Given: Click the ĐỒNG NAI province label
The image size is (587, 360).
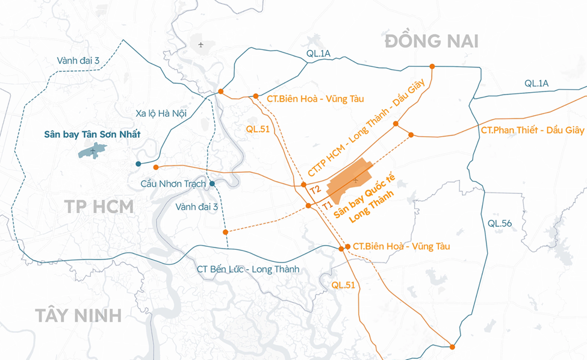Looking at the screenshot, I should (x=432, y=41).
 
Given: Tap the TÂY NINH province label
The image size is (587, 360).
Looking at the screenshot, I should (x=78, y=315).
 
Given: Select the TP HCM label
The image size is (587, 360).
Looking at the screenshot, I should (x=99, y=206).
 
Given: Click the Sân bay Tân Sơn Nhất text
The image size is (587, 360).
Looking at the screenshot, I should (x=92, y=134).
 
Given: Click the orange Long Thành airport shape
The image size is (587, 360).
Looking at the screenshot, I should (x=349, y=182).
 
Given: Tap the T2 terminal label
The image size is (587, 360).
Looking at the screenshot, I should (x=314, y=190).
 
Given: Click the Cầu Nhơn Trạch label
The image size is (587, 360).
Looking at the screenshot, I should (x=173, y=184).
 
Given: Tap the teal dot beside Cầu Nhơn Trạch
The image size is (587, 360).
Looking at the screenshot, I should (x=212, y=184).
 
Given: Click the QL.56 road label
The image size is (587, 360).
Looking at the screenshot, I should (x=500, y=223).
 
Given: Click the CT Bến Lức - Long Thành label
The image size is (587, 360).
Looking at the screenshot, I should (x=247, y=269).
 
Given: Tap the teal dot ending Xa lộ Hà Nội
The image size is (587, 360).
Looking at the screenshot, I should (x=138, y=164).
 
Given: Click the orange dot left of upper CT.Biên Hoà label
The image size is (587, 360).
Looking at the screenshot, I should (x=256, y=96).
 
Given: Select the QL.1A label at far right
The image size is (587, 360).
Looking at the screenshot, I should (x=536, y=84).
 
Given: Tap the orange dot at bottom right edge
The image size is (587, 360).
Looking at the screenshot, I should (x=452, y=346).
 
